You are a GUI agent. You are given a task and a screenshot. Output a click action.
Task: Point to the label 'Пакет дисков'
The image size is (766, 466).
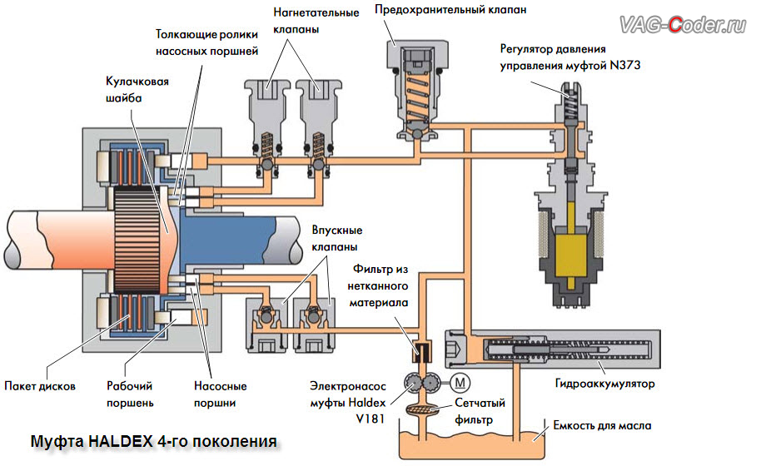click(41, 386)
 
